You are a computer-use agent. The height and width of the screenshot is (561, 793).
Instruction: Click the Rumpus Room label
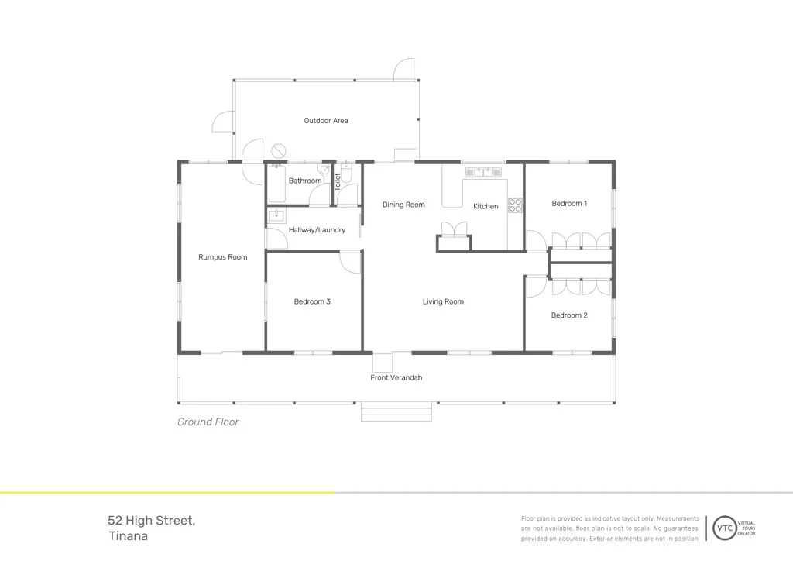pos(222,257)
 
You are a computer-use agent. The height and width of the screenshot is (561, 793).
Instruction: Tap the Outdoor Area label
pos(325,121)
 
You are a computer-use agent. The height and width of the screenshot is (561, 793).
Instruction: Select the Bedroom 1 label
pos(568,204)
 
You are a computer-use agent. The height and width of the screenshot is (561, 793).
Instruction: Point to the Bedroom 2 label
pos(568,315)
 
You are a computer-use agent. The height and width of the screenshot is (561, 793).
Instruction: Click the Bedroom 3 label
pos(312,301)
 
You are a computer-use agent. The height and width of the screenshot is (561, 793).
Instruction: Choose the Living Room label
pos(443,301)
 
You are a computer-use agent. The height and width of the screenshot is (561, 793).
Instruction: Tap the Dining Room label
pos(403,205)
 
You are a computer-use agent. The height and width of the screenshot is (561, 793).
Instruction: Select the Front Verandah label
pos(396,378)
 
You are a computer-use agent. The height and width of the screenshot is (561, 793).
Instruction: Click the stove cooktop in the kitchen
pos(515,205)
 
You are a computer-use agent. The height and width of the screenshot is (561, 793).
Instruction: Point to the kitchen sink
pos(484,172)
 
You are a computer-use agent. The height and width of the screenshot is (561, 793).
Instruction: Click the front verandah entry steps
pos(396,411)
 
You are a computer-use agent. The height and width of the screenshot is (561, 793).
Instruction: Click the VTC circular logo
pos(725,527)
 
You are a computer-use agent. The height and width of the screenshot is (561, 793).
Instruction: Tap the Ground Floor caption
pos(208,422)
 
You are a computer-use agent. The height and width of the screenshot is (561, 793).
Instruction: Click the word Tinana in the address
pos(128,536)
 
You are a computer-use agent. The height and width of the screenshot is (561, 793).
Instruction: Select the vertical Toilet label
pos(338,182)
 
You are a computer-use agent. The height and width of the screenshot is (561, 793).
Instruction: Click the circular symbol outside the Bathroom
pos(279,150)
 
